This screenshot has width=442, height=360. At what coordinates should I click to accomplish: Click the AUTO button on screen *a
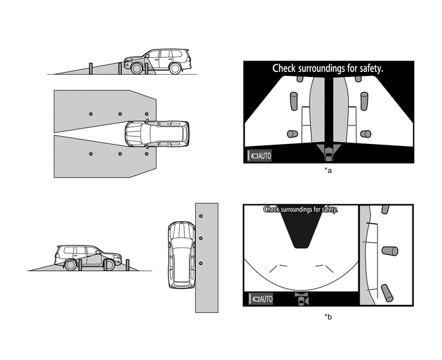(x=260, y=156)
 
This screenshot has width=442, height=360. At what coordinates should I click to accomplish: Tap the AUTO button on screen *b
(x=260, y=299)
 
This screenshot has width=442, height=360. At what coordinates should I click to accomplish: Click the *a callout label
(x=328, y=170)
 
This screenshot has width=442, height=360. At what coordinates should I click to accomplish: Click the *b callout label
(x=328, y=316)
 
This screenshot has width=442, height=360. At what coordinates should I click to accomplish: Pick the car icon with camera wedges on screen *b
(x=301, y=299)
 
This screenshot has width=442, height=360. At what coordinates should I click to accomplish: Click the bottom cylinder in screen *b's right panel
(x=387, y=293)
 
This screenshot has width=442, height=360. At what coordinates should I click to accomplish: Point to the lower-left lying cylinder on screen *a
(x=292, y=134)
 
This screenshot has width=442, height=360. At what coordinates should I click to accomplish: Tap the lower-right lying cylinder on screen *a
(x=366, y=134)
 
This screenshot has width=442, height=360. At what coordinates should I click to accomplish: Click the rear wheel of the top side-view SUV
(x=175, y=68)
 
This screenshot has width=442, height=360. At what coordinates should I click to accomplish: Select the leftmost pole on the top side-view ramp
(x=91, y=68)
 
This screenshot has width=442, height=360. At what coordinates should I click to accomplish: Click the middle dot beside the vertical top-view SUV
(x=200, y=239)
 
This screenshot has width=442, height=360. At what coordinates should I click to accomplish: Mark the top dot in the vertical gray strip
(x=200, y=215)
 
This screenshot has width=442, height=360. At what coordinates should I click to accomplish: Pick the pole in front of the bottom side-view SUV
(x=127, y=264)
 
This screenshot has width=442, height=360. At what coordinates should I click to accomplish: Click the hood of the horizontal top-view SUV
(x=134, y=133)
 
